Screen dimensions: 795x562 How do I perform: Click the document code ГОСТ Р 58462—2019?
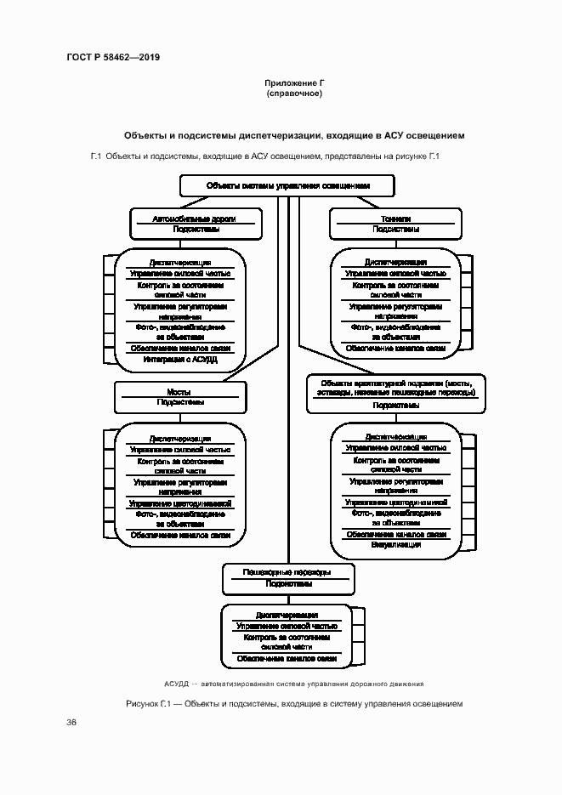coord(113,57)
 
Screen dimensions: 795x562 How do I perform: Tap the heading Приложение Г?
coord(294,82)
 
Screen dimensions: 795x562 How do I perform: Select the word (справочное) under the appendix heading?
coord(294,94)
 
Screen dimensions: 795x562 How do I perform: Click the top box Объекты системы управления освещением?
coord(287,185)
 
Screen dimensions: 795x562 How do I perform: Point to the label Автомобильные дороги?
coord(193,219)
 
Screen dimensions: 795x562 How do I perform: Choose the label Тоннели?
coord(396,219)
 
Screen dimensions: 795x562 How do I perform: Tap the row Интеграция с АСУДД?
coord(180,360)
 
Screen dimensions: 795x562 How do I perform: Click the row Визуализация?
coord(396,544)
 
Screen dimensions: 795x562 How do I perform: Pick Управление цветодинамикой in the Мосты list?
coord(180,503)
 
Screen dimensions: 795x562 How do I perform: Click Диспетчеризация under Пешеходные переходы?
coord(287,615)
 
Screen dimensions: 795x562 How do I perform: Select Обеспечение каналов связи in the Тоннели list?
coord(396,349)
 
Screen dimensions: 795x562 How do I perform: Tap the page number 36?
coord(71,722)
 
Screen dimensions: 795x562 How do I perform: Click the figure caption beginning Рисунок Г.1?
coord(293,704)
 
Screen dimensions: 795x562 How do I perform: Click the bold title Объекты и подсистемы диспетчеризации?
coord(294,135)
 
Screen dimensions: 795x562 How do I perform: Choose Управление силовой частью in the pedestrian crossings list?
coord(287,626)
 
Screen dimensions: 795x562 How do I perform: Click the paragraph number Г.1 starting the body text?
coord(96,156)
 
